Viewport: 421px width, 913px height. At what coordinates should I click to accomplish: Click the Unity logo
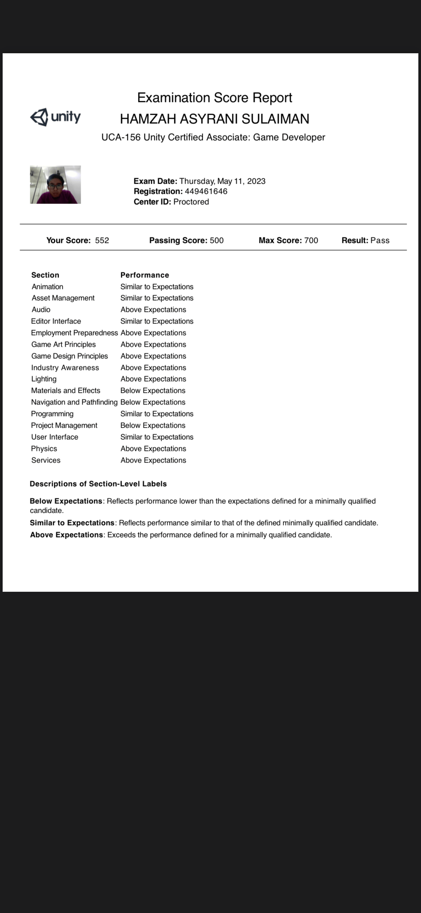(55, 117)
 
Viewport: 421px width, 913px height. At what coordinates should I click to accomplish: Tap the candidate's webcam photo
(55, 185)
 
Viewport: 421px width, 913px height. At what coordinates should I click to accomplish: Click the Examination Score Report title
(214, 98)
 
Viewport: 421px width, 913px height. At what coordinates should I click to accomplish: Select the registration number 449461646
(206, 192)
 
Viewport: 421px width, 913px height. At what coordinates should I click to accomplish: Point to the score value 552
(102, 241)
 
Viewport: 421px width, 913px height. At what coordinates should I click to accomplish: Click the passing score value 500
(217, 241)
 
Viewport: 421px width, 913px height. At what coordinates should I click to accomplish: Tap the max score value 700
(311, 241)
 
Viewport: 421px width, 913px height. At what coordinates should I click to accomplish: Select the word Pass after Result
(380, 241)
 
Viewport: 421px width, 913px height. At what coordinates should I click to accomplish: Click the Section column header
(45, 275)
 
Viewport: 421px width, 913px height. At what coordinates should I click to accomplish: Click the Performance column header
(145, 275)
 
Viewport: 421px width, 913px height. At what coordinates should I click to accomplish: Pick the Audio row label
(41, 310)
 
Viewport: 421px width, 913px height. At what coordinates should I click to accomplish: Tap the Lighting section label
(44, 379)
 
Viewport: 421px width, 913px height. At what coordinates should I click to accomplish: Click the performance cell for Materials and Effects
(153, 391)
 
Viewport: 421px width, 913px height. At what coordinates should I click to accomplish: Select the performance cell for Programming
(157, 414)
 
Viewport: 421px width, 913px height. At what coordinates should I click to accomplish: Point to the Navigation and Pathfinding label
(74, 402)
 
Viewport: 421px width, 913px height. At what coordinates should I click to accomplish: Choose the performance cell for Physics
(153, 449)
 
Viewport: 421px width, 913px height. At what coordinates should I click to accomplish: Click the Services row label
(46, 460)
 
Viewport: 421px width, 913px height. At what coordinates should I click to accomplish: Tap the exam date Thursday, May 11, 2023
(222, 181)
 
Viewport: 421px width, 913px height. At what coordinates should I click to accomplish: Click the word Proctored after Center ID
(191, 202)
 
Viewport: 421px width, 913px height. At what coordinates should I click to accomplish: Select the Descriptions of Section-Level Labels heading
(98, 484)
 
